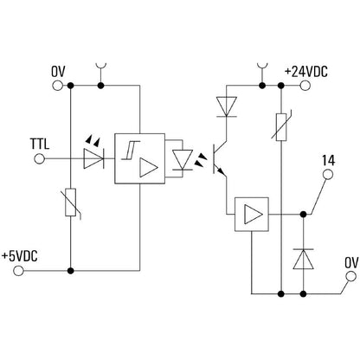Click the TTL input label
point(39,143)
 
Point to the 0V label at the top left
point(58,70)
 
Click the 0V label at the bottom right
point(351,261)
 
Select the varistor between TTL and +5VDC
point(70,207)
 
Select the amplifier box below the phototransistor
point(253,213)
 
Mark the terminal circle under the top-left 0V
point(58,86)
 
